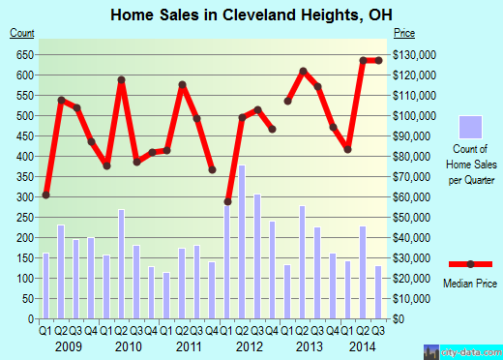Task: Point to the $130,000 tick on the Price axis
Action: tap(414, 54)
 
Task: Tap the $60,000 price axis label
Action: tap(412, 196)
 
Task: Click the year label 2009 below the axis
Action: tap(68, 346)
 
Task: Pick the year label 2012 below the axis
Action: tap(250, 346)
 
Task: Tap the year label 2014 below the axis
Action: tap(363, 346)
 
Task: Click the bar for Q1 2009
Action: tap(45, 285)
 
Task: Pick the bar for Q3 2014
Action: tap(378, 291)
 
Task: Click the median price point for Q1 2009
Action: tap(45, 195)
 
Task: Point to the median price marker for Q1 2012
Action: tap(227, 201)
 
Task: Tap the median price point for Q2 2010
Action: tap(122, 80)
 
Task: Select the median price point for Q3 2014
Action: tap(378, 61)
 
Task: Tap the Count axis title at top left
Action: tap(21, 34)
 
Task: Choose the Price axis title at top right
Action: tap(404, 34)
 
